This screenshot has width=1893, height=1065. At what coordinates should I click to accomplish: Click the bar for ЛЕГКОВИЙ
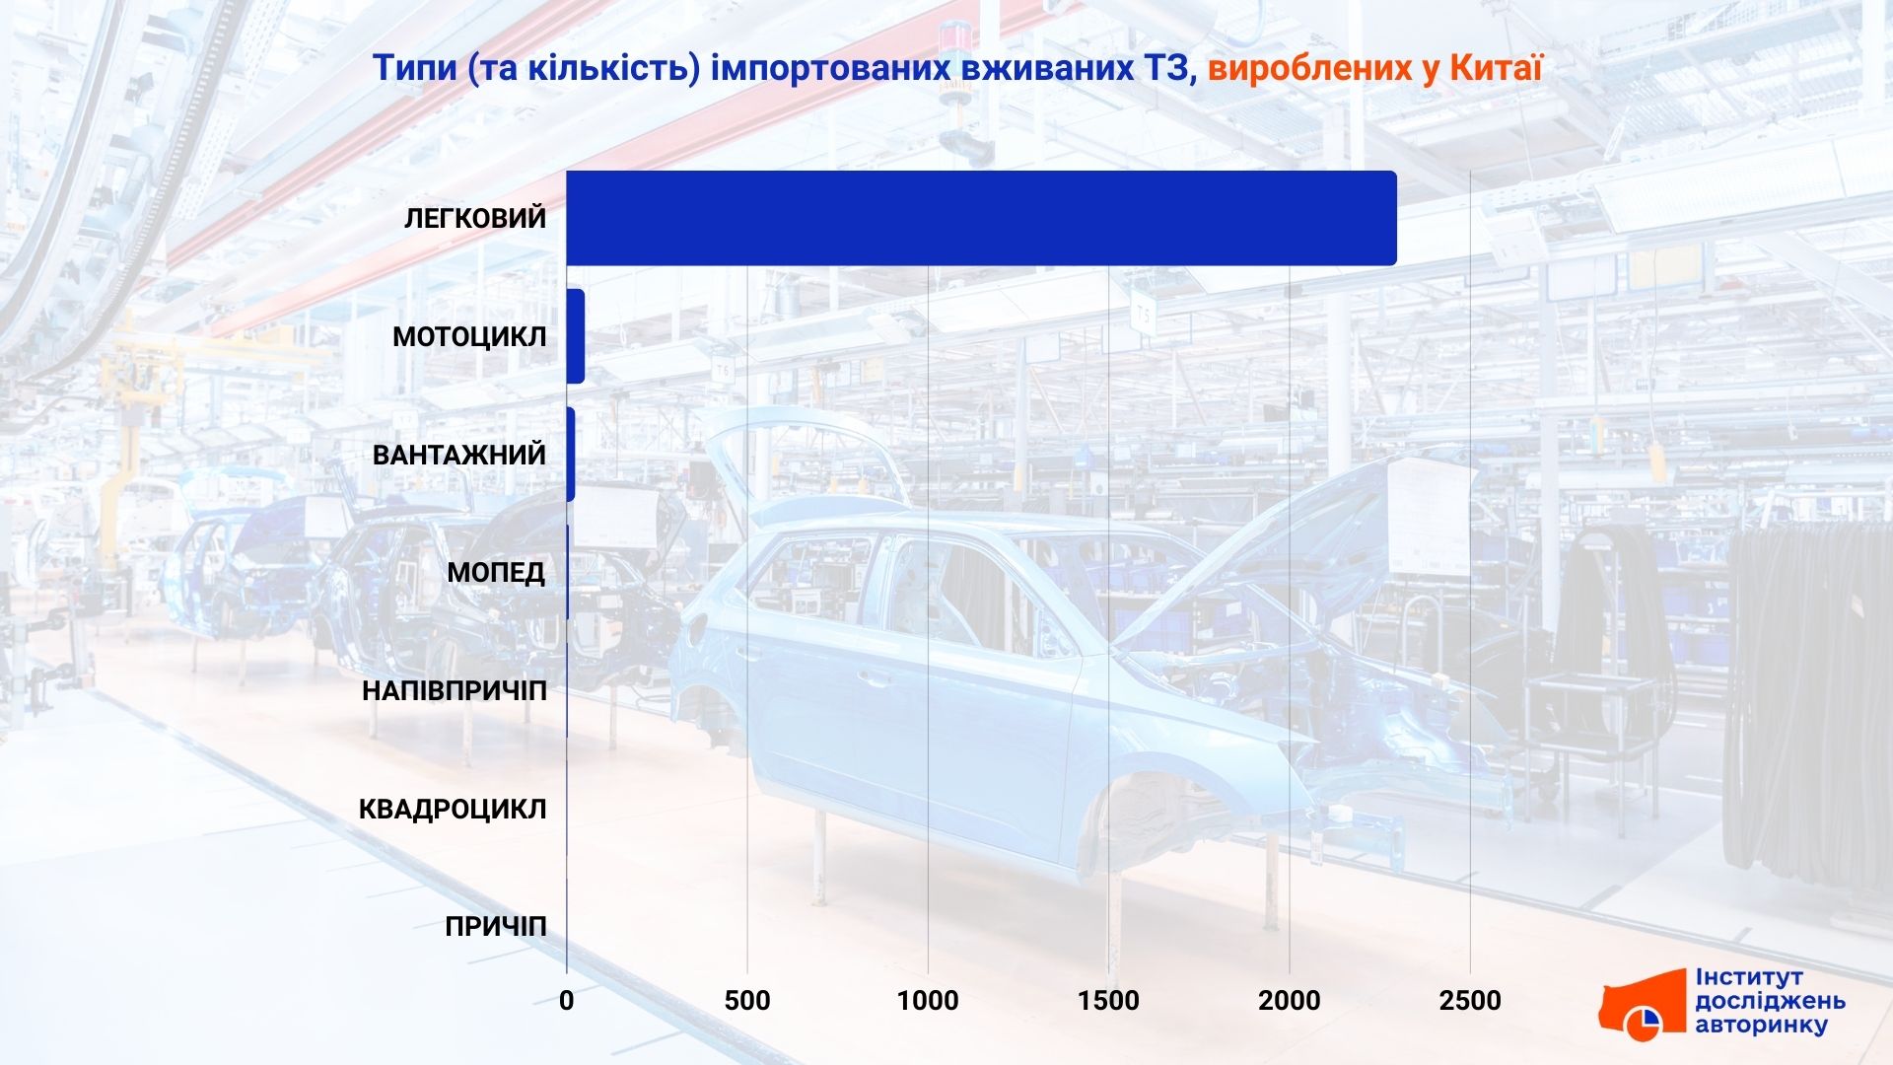(x=981, y=218)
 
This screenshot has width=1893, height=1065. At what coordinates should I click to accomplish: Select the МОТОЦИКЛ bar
(x=576, y=336)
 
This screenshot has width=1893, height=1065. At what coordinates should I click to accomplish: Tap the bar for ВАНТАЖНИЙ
(x=571, y=455)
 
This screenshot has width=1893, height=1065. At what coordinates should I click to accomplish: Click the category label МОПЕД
(x=496, y=573)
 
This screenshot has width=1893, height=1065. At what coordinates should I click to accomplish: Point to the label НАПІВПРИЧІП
(x=454, y=691)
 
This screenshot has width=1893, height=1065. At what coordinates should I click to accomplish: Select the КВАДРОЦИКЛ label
(x=453, y=810)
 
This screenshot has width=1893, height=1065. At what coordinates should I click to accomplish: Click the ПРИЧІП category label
(x=496, y=928)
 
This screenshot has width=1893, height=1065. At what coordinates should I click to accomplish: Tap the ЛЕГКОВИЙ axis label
(x=475, y=218)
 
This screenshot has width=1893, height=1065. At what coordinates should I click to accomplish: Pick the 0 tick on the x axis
(x=567, y=1001)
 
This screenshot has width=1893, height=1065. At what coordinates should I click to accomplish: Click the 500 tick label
(x=747, y=1001)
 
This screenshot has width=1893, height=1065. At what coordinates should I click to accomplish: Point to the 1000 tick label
(x=928, y=1001)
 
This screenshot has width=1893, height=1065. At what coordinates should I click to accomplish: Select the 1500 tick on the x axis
(x=1109, y=1001)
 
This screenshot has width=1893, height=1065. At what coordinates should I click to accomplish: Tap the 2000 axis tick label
(x=1290, y=1001)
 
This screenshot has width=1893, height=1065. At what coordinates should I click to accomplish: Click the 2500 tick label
(x=1470, y=1001)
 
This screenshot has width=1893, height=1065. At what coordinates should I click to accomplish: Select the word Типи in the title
(x=415, y=68)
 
